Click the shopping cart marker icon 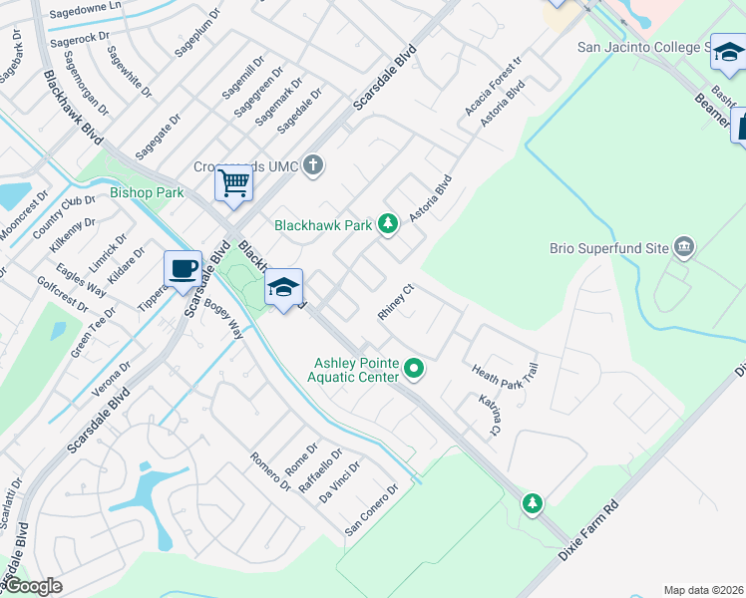[x=233, y=183]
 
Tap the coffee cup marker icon [x=184, y=269]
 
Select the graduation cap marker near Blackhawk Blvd [x=284, y=289]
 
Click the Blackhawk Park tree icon [x=388, y=225]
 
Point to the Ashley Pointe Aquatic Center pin [x=414, y=371]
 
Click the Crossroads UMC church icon [x=313, y=164]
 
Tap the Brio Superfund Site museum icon [x=684, y=246]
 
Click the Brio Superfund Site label [x=608, y=247]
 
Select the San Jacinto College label [x=640, y=46]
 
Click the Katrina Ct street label [x=489, y=417]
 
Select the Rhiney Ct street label [x=395, y=303]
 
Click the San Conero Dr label [x=371, y=508]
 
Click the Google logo [x=32, y=586]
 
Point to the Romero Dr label [x=269, y=472]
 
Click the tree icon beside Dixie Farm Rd [x=534, y=501]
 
